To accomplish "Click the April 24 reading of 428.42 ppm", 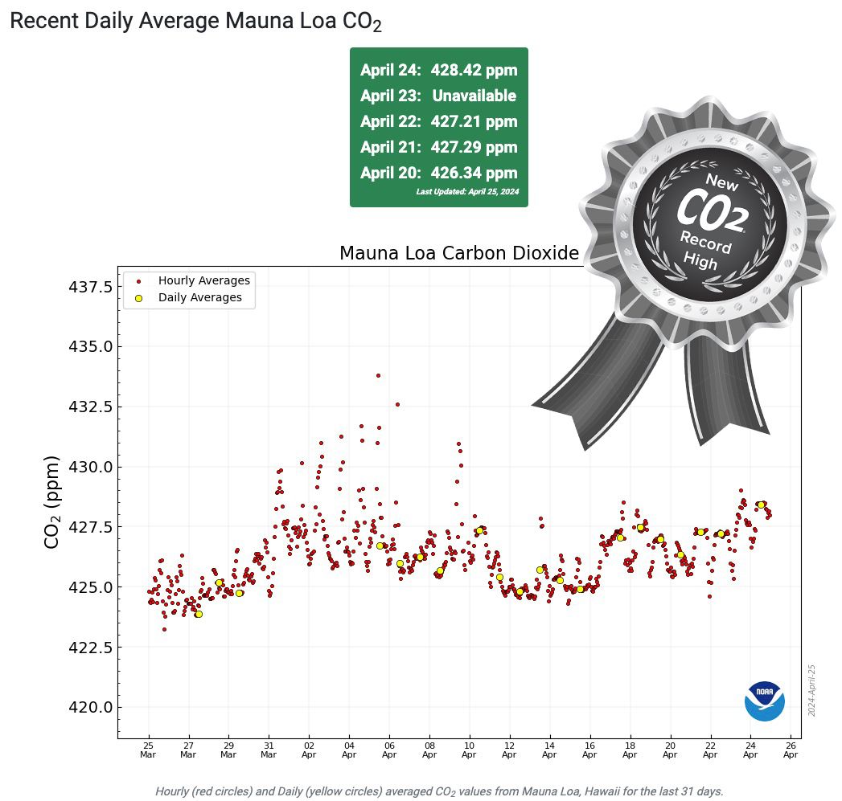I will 438,70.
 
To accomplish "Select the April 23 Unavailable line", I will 438,96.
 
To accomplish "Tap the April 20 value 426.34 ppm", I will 438,174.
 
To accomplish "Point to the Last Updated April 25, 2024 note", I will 467,192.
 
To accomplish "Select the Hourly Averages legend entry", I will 203,280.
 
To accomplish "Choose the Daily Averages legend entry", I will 199,297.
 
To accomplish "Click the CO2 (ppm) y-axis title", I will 52,502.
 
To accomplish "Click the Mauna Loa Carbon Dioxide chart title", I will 459,254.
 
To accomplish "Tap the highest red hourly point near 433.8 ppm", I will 378,375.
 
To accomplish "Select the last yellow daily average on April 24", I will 761,505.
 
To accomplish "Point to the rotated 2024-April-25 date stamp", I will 812,690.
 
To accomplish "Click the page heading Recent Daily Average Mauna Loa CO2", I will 195,22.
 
